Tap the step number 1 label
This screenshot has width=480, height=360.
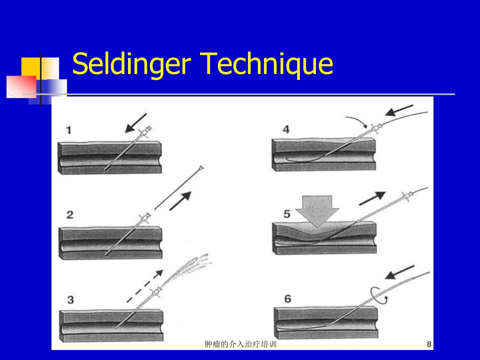(68, 130)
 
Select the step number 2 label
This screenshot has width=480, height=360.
(70, 214)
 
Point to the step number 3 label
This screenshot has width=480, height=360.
(70, 299)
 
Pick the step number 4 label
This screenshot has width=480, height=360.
(286, 129)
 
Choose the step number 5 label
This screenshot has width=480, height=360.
(287, 214)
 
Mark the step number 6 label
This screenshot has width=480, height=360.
(288, 299)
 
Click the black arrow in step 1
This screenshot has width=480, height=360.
(136, 123)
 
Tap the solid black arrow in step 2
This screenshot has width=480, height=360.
(180, 201)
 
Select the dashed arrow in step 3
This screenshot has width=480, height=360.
(145, 286)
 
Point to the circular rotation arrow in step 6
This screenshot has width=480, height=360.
(379, 295)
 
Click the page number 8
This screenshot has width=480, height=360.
(429, 344)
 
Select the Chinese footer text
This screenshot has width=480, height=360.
(240, 344)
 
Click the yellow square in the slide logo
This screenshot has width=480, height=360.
(30, 67)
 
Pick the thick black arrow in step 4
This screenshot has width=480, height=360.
(399, 110)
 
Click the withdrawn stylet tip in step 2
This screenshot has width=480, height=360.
(201, 168)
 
